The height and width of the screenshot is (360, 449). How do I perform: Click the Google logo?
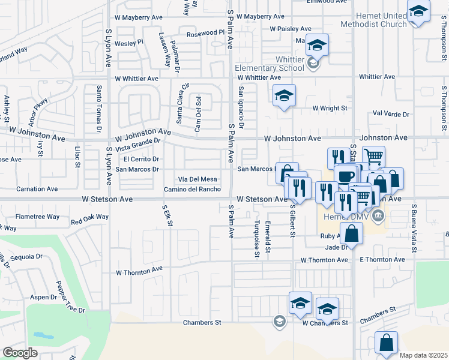pyautogui.click(x=20, y=353)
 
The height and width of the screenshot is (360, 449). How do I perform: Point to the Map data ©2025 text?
pyautogui.click(x=423, y=355)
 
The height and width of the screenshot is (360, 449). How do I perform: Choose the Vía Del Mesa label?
pyautogui.click(x=196, y=179)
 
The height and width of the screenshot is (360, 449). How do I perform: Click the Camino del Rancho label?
pyautogui.click(x=191, y=190)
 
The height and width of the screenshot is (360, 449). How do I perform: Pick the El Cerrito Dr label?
pyautogui.click(x=141, y=159)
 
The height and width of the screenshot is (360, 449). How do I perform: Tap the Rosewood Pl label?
pyautogui.click(x=205, y=34)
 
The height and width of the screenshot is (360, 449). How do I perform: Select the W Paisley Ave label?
pyautogui.click(x=290, y=28)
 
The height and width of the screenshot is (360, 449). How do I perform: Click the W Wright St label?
pyautogui.click(x=330, y=109)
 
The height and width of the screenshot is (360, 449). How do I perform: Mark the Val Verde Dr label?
pyautogui.click(x=391, y=113)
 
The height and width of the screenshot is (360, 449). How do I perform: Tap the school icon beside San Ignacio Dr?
pyautogui.click(x=285, y=95)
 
